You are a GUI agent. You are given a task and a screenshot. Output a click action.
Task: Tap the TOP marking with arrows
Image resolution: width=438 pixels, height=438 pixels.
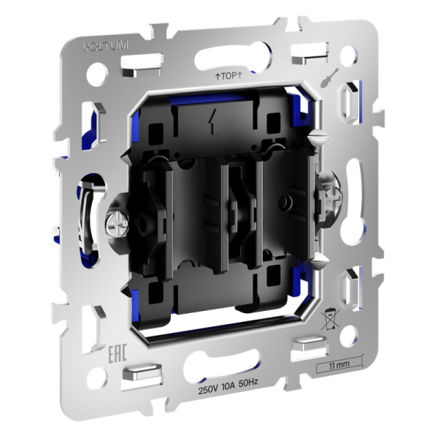pos(228,75)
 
